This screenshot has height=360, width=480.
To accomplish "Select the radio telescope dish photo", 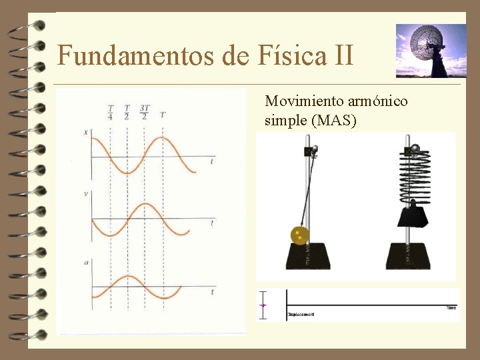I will [431, 51].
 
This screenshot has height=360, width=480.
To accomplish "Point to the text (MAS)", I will [335, 121].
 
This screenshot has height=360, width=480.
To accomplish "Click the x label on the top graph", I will [85, 132].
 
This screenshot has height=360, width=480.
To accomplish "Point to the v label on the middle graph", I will [85, 193].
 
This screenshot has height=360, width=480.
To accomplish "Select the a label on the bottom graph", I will [85, 263].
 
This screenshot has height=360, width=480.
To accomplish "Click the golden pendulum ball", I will [299, 235].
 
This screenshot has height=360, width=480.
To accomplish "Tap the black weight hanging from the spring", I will [412, 215].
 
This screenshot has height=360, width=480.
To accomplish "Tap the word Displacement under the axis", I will [301, 314].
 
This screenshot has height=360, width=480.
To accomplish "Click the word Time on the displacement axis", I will [451, 307].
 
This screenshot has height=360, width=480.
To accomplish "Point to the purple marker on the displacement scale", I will [263, 305].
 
